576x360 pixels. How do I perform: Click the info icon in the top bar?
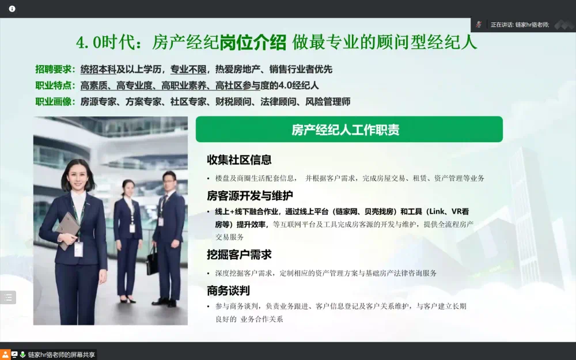click(x=12, y=9)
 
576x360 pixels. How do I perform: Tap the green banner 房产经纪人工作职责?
click(x=349, y=129)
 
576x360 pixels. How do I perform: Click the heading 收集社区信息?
click(x=239, y=160)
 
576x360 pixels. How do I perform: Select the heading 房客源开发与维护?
click(x=250, y=196)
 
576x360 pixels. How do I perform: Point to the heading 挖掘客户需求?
click(x=239, y=255)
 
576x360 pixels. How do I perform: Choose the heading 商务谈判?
click(x=228, y=290)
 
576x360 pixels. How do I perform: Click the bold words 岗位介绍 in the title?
click(x=253, y=42)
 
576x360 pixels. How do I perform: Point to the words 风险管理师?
click(x=328, y=101)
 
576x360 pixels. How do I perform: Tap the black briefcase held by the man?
click(x=152, y=261)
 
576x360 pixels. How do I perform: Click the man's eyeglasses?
click(x=169, y=181)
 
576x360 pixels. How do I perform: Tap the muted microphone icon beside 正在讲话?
click(x=479, y=25)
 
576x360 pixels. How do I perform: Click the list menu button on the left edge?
click(x=8, y=298)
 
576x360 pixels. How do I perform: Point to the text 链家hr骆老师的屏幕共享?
click(x=62, y=355)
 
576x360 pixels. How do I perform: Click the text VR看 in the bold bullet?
click(x=460, y=211)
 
